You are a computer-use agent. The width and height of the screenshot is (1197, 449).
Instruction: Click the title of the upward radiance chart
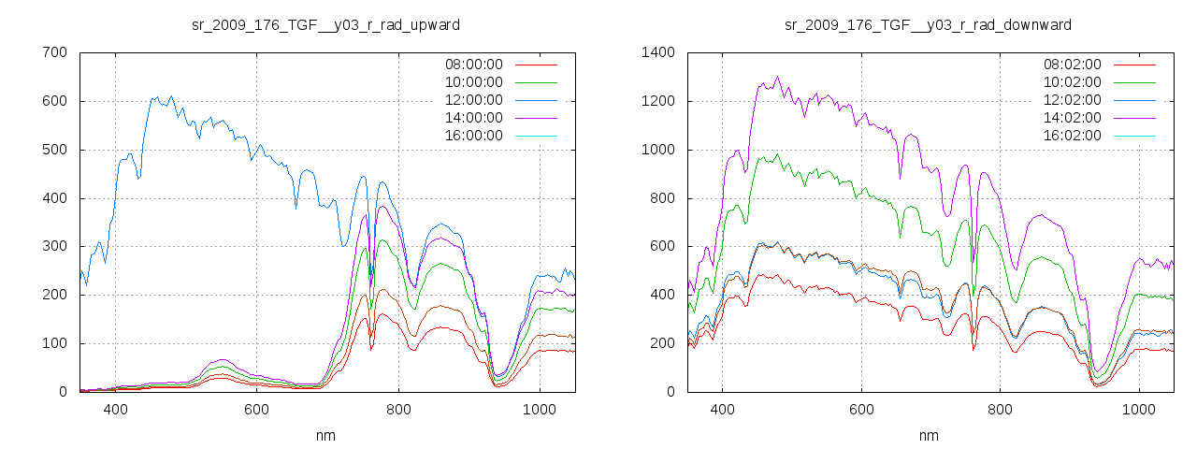pos(325,24)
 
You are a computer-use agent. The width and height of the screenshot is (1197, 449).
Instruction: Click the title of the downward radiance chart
pos(928,24)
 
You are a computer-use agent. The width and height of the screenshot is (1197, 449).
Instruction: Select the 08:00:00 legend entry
pos(473,65)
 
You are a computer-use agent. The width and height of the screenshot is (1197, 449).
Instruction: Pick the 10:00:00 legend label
pos(473,82)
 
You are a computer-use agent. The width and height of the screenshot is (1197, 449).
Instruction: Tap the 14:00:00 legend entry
pos(473,118)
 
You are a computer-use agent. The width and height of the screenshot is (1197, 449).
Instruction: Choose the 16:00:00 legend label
pos(473,136)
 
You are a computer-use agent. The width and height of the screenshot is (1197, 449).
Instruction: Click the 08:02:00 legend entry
pos(1073,65)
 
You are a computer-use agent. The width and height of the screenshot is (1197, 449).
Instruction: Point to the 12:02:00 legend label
pos(1073,100)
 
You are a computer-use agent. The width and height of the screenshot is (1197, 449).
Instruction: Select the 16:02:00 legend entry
pos(1073,136)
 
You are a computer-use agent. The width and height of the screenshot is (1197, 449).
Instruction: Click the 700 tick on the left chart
pos(54,52)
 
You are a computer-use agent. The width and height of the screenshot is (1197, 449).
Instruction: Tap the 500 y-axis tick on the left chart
pos(54,150)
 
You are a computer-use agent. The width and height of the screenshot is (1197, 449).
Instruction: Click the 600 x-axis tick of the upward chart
pos(256,410)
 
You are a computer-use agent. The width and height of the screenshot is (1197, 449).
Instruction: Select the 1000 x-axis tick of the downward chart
pos(1139,410)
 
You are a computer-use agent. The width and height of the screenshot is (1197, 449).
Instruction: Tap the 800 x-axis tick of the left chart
pos(398,410)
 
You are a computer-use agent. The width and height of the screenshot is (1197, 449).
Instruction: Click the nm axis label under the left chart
pos(325,435)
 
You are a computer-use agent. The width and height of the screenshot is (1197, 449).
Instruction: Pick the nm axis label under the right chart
pos(928,435)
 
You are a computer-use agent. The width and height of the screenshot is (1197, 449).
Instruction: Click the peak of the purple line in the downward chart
pos(777,77)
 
